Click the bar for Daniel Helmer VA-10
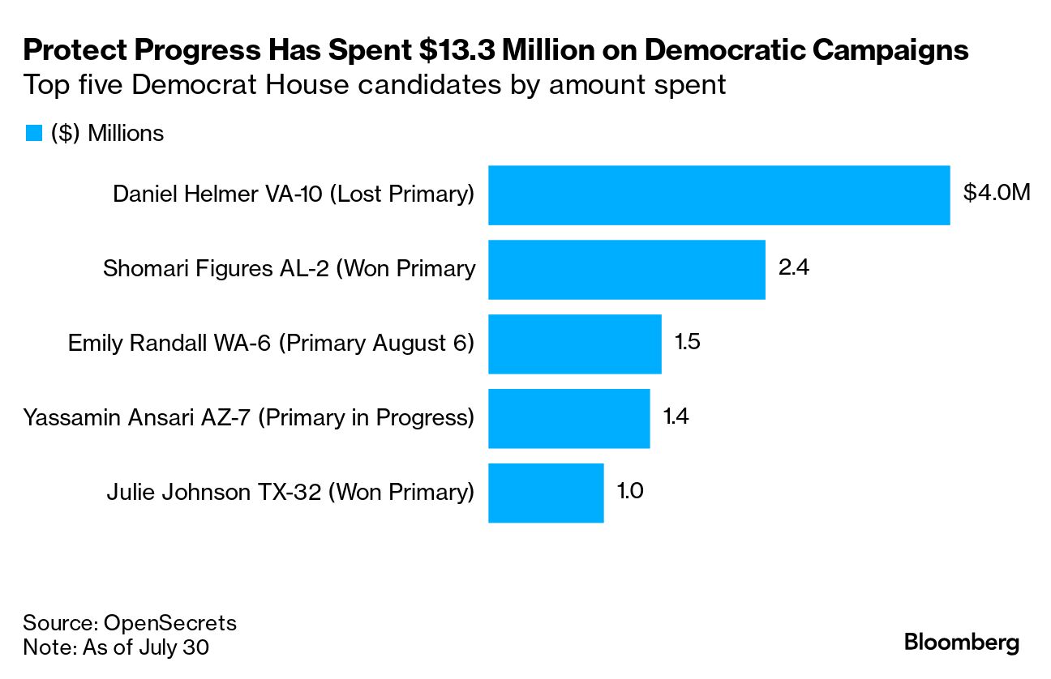pyautogui.click(x=719, y=195)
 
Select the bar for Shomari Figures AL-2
pyautogui.click(x=626, y=270)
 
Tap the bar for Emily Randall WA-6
pyautogui.click(x=574, y=344)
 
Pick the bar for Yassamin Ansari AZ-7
pyautogui.click(x=568, y=418)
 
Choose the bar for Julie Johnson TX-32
pyautogui.click(x=546, y=493)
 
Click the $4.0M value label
pyautogui.click(x=997, y=194)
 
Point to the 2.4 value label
pyautogui.click(x=793, y=268)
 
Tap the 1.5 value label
pyautogui.click(x=687, y=342)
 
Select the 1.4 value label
pyautogui.click(x=676, y=416)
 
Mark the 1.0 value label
pyautogui.click(x=630, y=491)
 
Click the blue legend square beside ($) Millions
pyautogui.click(x=33, y=134)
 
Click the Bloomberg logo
pyautogui.click(x=962, y=643)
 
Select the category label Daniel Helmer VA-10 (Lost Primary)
pyautogui.click(x=293, y=194)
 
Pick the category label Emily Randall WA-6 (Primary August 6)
pyautogui.click(x=271, y=343)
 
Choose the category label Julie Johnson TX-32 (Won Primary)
pyautogui.click(x=290, y=492)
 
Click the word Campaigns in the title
pyautogui.click(x=890, y=50)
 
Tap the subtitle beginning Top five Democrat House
pyautogui.click(x=374, y=84)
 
